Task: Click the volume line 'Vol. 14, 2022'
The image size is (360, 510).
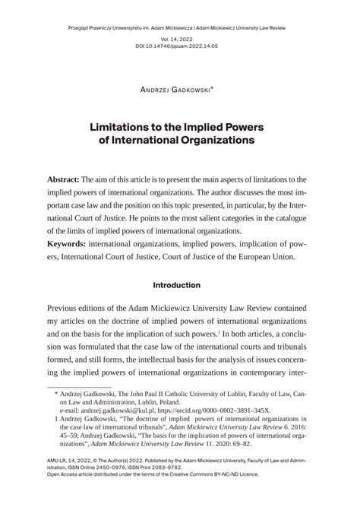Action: (x=180, y=38)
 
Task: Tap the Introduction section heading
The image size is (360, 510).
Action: (x=177, y=285)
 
